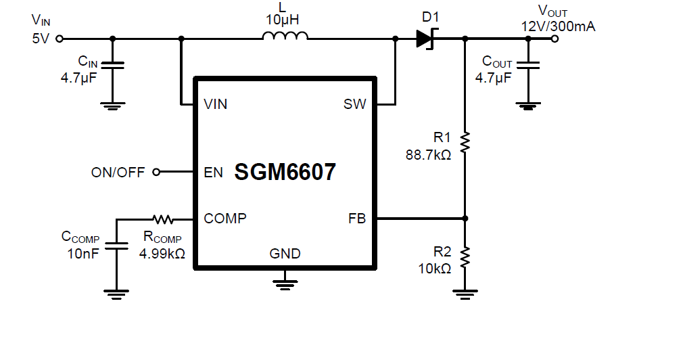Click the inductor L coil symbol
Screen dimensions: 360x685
tap(285, 38)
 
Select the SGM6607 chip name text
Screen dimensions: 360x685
tap(285, 173)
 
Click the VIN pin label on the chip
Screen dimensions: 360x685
tap(216, 104)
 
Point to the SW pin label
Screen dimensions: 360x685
tap(354, 104)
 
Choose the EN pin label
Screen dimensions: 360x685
tap(213, 173)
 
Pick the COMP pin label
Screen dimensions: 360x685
tap(225, 219)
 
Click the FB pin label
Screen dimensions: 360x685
tap(357, 219)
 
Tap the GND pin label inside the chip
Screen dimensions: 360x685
tap(285, 254)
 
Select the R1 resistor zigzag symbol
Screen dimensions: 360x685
tap(465, 142)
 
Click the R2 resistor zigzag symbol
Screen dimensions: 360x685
tap(465, 257)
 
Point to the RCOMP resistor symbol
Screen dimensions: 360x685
tap(163, 219)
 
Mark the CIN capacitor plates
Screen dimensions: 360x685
tap(113, 67)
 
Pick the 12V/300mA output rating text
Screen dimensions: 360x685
tap(559, 26)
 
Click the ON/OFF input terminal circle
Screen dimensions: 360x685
tap(156, 173)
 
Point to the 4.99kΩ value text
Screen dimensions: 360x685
tap(162, 253)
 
